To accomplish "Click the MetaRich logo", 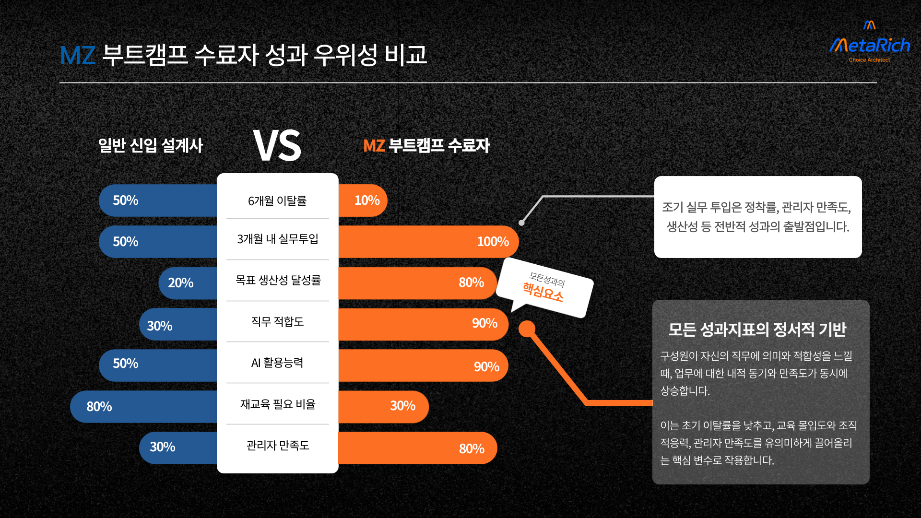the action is click(x=870, y=42).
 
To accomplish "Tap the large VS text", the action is click(x=277, y=145).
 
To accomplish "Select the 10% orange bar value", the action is click(x=367, y=200).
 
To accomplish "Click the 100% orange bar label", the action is click(x=493, y=242).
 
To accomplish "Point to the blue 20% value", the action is click(x=180, y=283).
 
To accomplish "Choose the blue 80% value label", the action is click(x=99, y=407).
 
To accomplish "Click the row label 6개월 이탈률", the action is click(x=277, y=201).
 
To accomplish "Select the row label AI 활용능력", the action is click(x=277, y=363).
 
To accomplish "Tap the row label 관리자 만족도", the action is click(x=278, y=446).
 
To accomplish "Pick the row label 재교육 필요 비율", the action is click(x=278, y=404).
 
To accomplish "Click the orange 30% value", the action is click(x=402, y=406).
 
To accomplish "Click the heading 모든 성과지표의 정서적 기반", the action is click(x=757, y=330).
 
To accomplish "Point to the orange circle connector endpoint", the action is click(x=527, y=329).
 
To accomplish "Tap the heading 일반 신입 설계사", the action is click(x=151, y=145).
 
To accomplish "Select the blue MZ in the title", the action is click(x=78, y=55).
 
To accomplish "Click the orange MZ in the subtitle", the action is click(x=374, y=146).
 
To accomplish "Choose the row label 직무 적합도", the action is click(x=277, y=321).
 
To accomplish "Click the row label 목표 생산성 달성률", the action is click(x=278, y=280).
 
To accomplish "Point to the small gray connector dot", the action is click(x=521, y=223).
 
